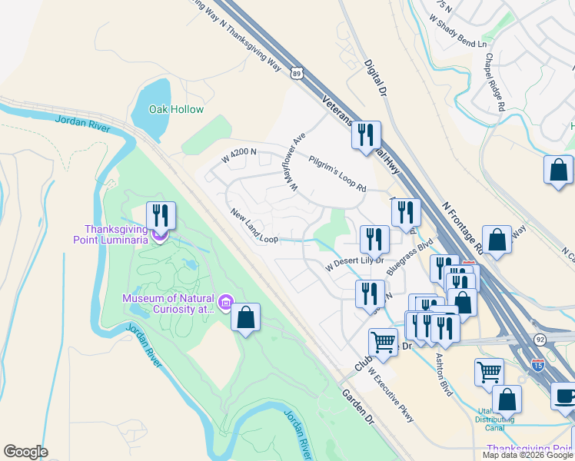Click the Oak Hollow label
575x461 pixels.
(177, 109)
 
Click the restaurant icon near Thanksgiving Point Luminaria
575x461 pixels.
(161, 215)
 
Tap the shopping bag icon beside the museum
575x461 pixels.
(245, 318)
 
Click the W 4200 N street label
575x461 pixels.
(238, 157)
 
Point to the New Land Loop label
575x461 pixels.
(254, 226)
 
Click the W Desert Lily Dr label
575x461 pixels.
(354, 264)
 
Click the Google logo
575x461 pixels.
(25, 452)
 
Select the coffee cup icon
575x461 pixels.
(565, 396)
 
